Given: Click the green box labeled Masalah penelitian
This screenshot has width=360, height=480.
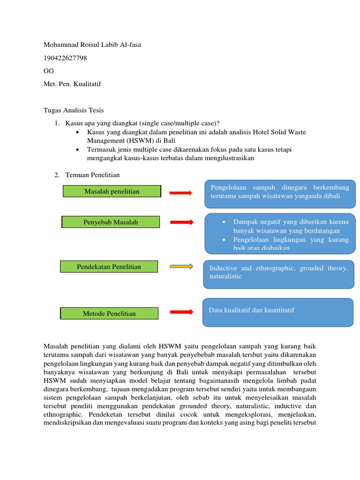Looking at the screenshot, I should pyautogui.click(x=112, y=191).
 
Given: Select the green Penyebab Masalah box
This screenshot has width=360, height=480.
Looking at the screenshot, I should pyautogui.click(x=111, y=222).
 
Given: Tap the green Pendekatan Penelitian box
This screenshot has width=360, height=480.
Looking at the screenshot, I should pyautogui.click(x=109, y=267).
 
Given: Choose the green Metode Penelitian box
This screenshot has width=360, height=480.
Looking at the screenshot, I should pyautogui.click(x=109, y=314).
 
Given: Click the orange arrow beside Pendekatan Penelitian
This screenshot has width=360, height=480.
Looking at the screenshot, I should pyautogui.click(x=181, y=267).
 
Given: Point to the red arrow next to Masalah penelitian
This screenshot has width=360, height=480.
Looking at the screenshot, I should pyautogui.click(x=180, y=193).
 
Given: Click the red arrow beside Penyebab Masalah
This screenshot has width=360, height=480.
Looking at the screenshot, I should pyautogui.click(x=181, y=222).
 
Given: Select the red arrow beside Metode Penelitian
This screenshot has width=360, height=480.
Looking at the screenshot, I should pyautogui.click(x=181, y=312).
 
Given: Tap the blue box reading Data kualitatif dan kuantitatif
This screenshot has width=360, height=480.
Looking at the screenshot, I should pyautogui.click(x=278, y=312).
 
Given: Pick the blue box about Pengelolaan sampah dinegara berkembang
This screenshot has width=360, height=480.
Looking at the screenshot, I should pyautogui.click(x=280, y=193).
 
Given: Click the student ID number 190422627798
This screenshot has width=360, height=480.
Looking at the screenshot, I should pyautogui.click(x=65, y=58).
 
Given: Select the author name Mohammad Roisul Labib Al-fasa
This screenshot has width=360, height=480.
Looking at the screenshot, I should pyautogui.click(x=92, y=45).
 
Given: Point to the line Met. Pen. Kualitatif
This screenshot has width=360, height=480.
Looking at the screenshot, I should pyautogui.click(x=72, y=84).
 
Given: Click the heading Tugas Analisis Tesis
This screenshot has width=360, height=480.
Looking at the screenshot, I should pyautogui.click(x=74, y=111).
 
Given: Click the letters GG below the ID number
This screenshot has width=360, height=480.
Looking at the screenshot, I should pyautogui.click(x=48, y=71).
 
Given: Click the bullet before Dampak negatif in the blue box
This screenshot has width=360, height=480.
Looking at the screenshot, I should pyautogui.click(x=225, y=222).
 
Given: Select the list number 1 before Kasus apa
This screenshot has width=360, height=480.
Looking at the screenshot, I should pyautogui.click(x=57, y=123).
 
